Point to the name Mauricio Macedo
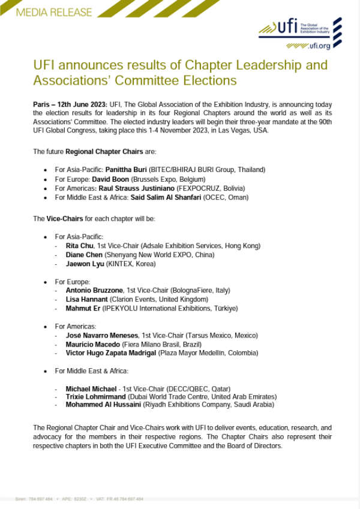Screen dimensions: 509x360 pyautogui.click(x=92, y=344)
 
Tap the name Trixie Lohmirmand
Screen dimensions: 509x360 pyautogui.click(x=95, y=396)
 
